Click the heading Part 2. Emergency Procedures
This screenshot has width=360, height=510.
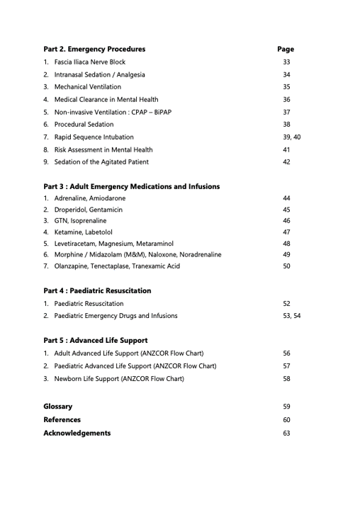coord(94,50)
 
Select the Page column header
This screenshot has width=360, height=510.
coord(286,50)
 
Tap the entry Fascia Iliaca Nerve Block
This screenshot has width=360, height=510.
coord(90,62)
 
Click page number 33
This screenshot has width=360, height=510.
coord(286,62)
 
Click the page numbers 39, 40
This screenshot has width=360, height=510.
coord(291,137)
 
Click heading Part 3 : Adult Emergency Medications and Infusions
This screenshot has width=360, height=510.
coord(131,187)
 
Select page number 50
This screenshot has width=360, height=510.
coord(286,266)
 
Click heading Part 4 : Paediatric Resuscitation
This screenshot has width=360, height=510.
coord(97,291)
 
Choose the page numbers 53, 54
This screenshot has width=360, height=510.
coord(291,316)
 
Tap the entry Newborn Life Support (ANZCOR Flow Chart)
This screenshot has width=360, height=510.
coord(119,379)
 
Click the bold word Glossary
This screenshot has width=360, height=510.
coord(57,407)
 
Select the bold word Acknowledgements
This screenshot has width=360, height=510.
coord(77,433)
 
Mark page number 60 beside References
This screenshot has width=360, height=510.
coord(286,420)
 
